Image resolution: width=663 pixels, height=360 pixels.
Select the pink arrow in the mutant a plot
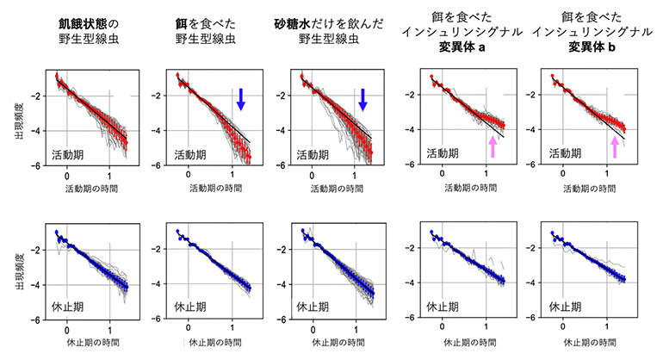pyautogui.click(x=493, y=146)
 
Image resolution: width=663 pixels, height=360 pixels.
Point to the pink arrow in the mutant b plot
pyautogui.click(x=614, y=146)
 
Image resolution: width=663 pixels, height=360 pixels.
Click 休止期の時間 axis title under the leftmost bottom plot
pyautogui.click(x=89, y=342)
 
